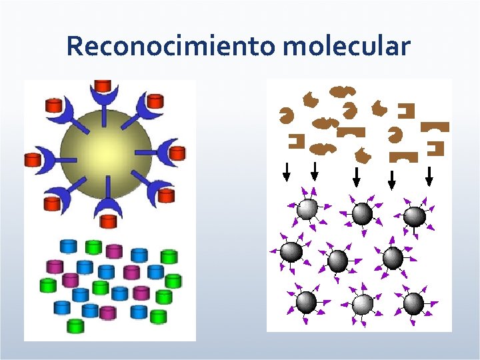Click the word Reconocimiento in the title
click(171, 47)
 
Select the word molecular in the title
click(346, 47)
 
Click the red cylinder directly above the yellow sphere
click(103, 86)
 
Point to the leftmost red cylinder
click(33, 160)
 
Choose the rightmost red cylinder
click(177, 153)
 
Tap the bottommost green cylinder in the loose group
click(76, 325)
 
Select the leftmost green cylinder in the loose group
click(48, 285)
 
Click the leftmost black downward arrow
click(287, 172)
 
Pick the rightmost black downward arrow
click(429, 175)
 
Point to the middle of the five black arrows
click(357, 176)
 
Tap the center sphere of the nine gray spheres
click(338, 260)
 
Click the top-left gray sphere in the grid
click(307, 209)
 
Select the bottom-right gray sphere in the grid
click(413, 303)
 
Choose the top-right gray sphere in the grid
click(414, 216)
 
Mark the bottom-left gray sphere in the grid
click(306, 303)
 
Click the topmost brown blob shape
click(342, 90)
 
